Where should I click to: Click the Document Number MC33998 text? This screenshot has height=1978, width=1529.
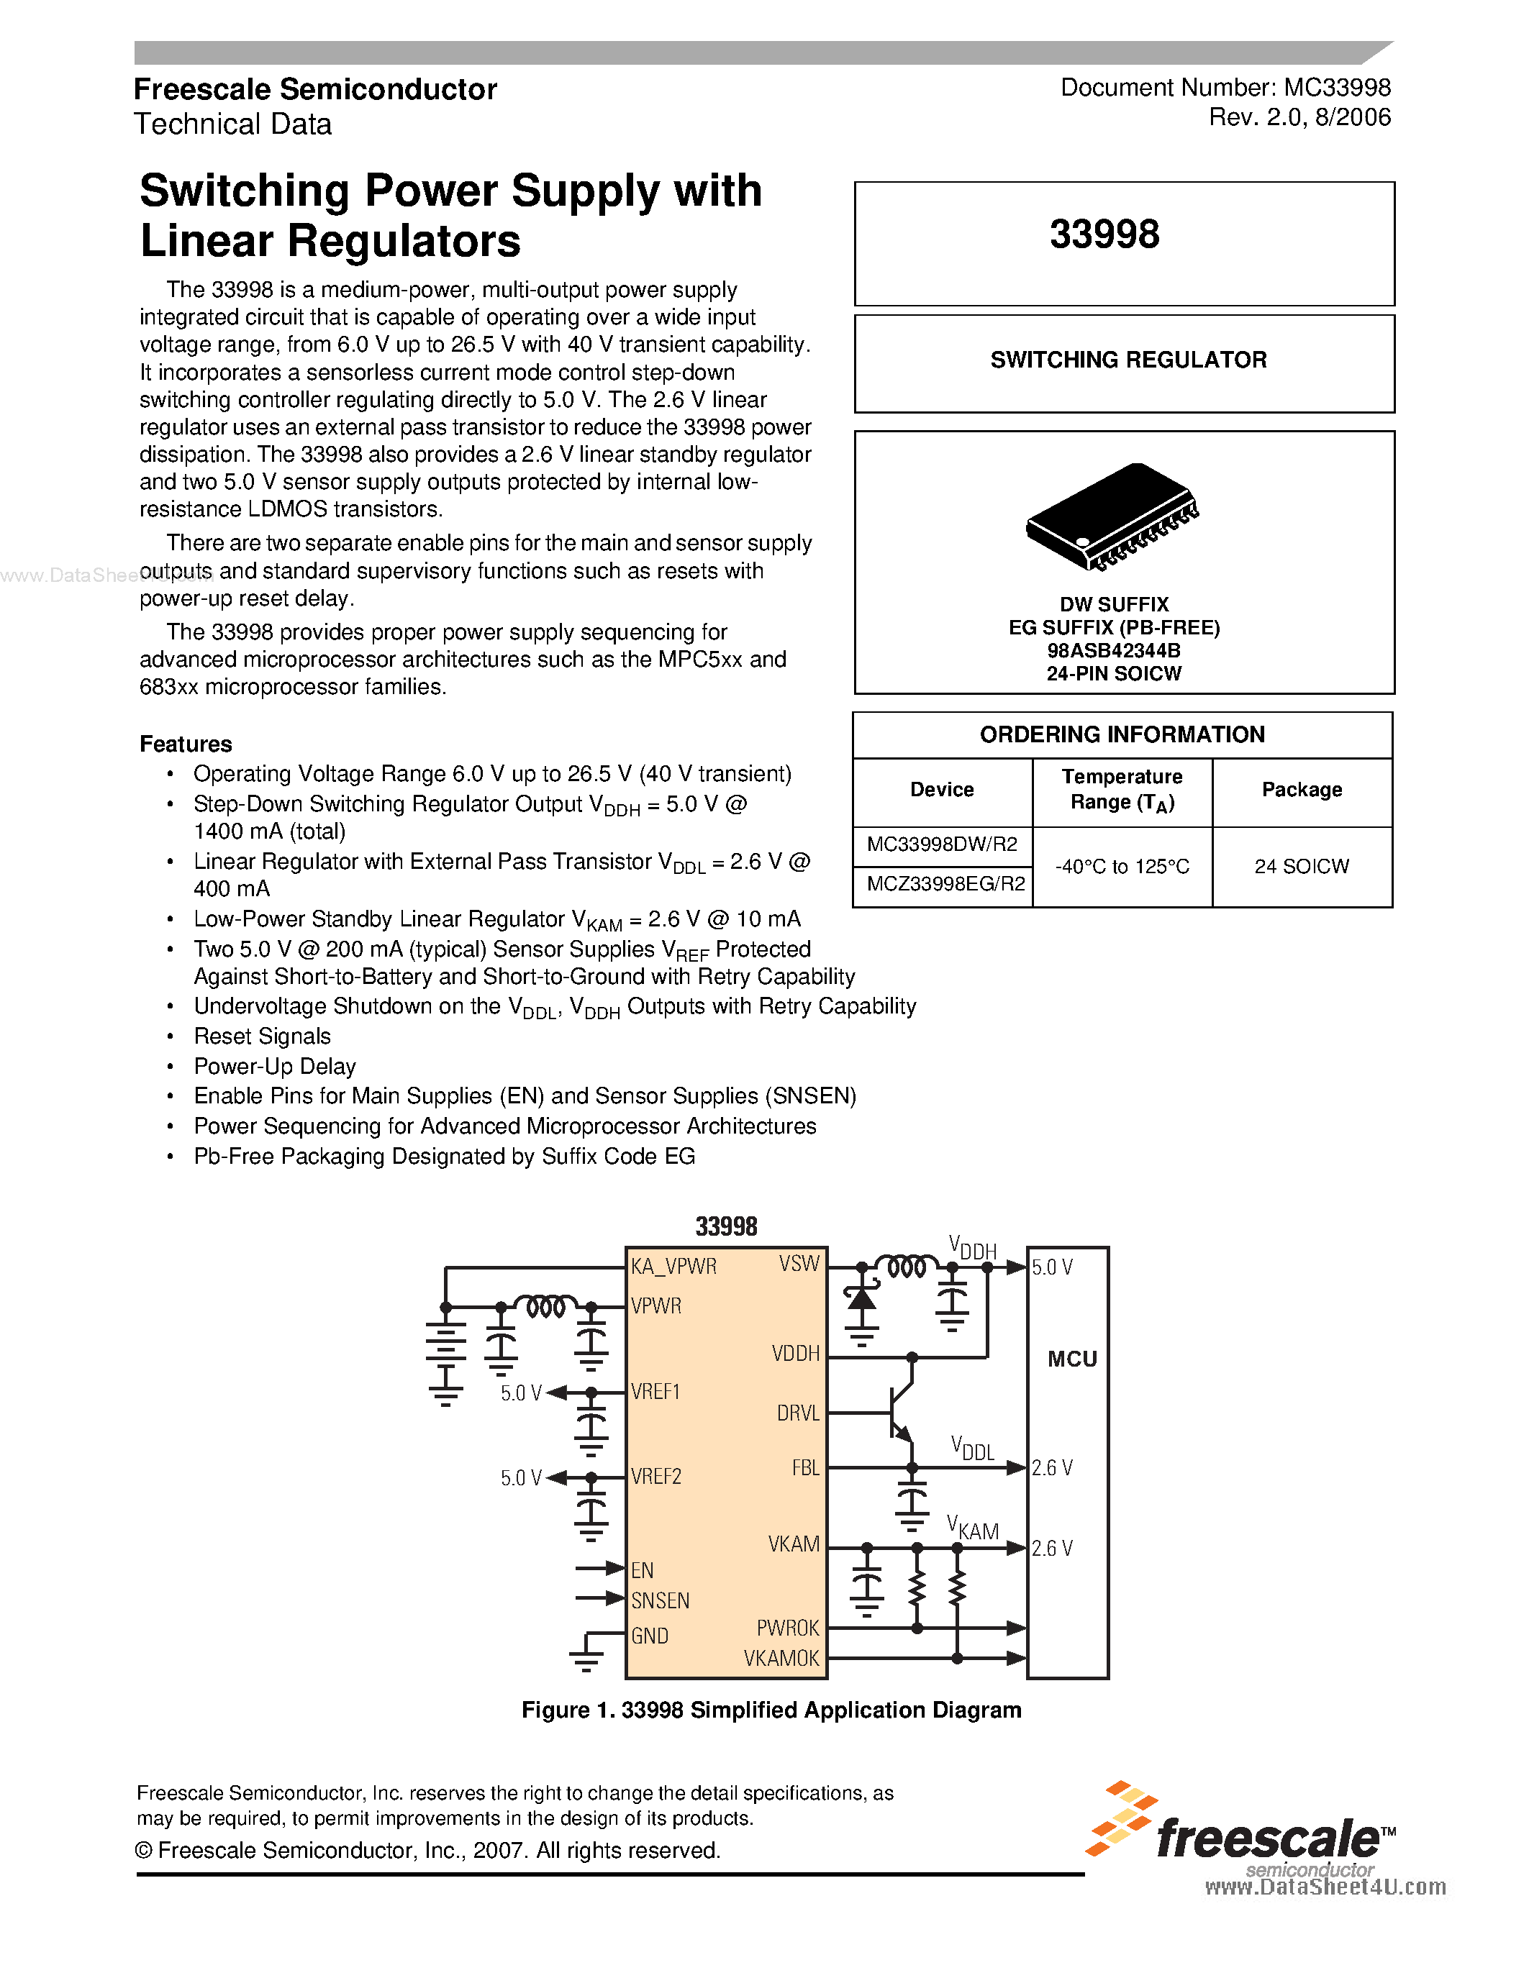1225,88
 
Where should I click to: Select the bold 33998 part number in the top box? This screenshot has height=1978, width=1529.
1104,234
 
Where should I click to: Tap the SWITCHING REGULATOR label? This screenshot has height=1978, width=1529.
1128,360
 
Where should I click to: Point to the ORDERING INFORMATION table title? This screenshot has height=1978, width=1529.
1122,734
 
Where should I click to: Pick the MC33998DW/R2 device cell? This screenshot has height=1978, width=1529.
942,845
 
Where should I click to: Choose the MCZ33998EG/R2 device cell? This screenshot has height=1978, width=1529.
945,884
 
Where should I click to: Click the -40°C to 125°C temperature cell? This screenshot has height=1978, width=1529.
1122,867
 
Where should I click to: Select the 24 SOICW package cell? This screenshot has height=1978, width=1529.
1302,867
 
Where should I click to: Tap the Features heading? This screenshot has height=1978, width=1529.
186,744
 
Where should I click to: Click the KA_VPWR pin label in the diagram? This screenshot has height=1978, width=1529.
674,1266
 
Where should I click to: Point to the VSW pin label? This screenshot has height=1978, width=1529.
799,1264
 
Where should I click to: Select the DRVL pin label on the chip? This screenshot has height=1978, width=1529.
798,1413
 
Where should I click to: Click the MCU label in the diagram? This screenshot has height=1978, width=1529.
1071,1359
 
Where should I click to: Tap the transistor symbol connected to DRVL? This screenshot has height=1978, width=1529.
900,1412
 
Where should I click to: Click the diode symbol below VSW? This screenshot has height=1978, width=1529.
861,1300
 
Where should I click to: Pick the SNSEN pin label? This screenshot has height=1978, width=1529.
661,1600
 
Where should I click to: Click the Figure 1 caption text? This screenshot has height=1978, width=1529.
771,1710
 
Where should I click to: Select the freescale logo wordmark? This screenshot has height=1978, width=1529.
1268,1838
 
